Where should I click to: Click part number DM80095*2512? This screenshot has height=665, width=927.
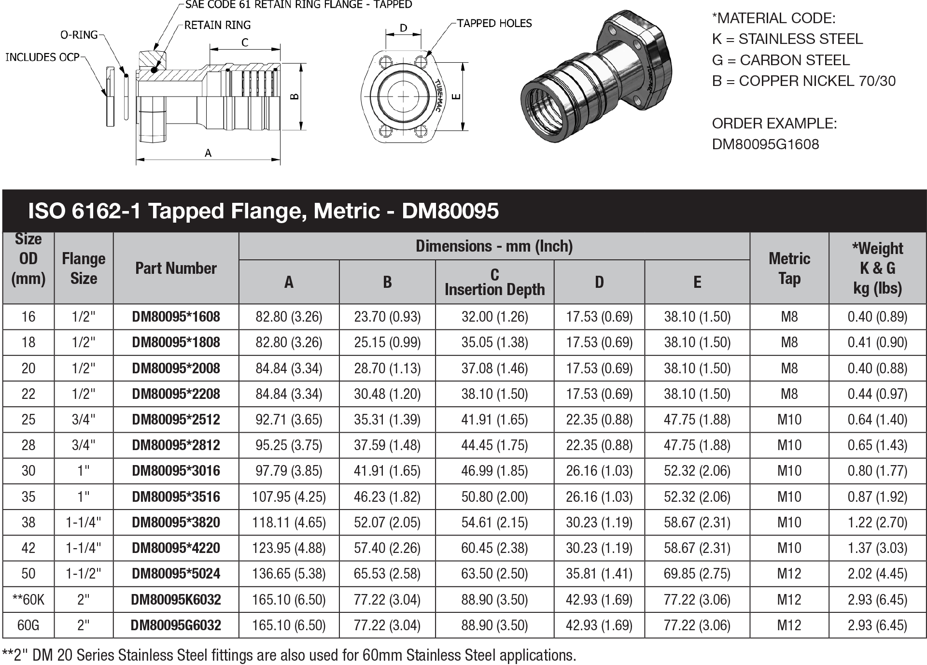pos(176,420)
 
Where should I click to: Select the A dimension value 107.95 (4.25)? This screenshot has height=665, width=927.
pos(289,497)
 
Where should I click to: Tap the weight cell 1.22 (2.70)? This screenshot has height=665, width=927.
pos(877,523)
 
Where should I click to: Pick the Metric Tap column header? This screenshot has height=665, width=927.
pos(789,268)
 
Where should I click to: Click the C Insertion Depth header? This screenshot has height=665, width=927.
pos(494,282)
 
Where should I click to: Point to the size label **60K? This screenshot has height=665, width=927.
pos(28,600)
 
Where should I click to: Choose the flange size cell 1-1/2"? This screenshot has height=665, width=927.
pos(84,574)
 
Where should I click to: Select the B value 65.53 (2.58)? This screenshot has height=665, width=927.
pos(387,574)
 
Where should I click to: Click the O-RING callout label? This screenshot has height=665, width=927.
pos(79,35)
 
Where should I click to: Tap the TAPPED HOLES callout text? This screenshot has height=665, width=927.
pos(494,23)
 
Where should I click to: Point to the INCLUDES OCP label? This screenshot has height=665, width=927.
pos(42,57)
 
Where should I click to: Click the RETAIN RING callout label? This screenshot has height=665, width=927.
pos(217,25)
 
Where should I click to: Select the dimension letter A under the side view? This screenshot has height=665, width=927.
pos(208,153)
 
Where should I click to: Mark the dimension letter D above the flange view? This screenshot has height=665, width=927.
pos(404,28)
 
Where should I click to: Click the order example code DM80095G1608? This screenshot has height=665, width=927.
pos(765,144)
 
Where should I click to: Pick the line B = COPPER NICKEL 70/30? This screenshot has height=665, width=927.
pos(803,81)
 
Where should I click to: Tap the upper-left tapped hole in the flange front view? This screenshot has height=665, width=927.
pos(386,63)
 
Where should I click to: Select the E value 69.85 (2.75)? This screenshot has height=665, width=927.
pos(697,574)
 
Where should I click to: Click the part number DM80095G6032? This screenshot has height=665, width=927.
pos(176,625)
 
